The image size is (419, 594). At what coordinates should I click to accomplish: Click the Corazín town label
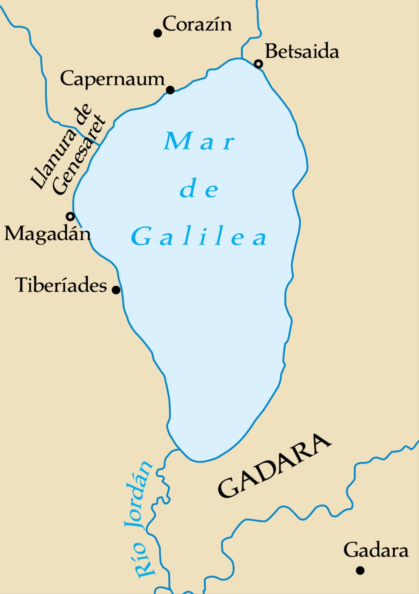pos(197,24)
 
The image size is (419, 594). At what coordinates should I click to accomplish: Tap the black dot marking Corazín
pos(158,33)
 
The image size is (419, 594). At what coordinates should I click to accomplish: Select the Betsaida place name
pos(302,51)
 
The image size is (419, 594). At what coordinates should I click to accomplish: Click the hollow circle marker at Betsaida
pos(258,64)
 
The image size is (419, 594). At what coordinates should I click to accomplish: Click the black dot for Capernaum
pos(170,90)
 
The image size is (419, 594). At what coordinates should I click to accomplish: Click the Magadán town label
pos(47,233)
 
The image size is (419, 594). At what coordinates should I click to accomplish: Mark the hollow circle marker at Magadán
pos(71,217)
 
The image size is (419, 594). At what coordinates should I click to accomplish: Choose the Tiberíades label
pos(61,285)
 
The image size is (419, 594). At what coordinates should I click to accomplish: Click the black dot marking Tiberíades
pos(116,290)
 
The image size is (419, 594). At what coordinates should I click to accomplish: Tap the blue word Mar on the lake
pos(199,141)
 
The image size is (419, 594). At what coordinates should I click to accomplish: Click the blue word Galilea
pos(199,237)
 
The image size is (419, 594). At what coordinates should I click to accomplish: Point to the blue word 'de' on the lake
pos(199,189)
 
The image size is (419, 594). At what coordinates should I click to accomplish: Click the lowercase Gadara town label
pos(376,550)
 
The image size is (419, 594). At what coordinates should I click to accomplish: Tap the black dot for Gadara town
pos(360,570)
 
